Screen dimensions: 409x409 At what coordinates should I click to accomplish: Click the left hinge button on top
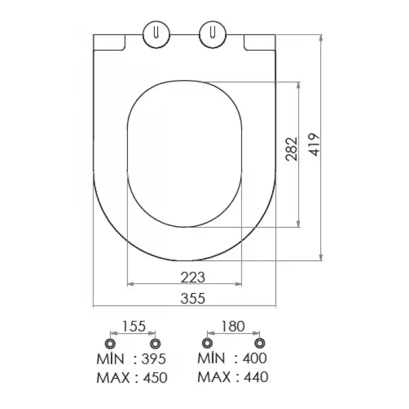pyautogui.click(x=155, y=33)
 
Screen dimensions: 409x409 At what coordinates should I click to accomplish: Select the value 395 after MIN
pyautogui.click(x=154, y=358)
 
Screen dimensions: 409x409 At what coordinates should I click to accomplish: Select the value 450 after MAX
pyautogui.click(x=154, y=377)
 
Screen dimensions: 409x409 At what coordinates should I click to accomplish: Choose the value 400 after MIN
pyautogui.click(x=254, y=358)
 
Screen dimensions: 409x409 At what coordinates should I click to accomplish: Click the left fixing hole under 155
pyautogui.click(x=109, y=342)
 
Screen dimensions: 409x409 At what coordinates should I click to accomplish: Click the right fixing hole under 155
pyautogui.click(x=154, y=342)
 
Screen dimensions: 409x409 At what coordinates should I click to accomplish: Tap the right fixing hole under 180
pyautogui.click(x=259, y=342)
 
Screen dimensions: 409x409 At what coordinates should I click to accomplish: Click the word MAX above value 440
pyautogui.click(x=213, y=377)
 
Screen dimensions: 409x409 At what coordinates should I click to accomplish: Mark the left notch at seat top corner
pyautogui.click(x=110, y=42)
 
